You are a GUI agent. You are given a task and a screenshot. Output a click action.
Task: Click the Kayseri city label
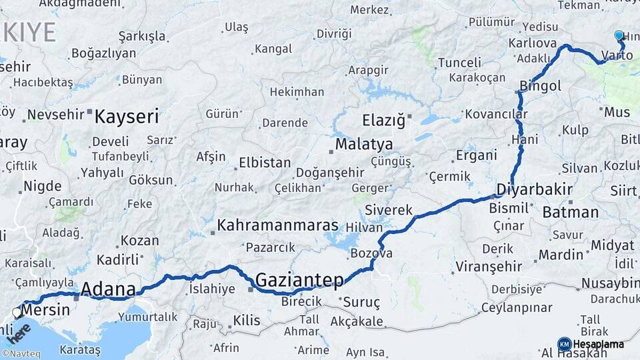point(127,118)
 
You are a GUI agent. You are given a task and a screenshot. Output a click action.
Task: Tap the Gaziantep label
point(299,279)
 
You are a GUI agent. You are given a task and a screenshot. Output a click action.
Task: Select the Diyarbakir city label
point(535,189)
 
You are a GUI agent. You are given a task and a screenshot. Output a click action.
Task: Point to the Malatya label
point(364,144)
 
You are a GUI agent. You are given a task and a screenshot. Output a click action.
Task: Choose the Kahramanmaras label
point(277,225)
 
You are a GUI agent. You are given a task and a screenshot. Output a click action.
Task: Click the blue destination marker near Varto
point(619,36)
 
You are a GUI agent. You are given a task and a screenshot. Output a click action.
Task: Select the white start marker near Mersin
point(17,312)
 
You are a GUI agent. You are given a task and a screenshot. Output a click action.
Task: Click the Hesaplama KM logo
point(591,344)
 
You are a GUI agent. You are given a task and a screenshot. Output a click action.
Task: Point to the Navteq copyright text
point(21,354)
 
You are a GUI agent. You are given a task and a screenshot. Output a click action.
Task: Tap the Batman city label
point(571,213)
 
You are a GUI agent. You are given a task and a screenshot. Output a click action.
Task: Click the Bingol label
point(541,86)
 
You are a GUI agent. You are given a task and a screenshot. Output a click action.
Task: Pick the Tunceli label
point(459,63)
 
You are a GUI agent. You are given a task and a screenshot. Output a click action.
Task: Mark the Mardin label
point(561,255)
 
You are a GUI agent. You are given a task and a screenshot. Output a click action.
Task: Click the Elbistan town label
point(266,163)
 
